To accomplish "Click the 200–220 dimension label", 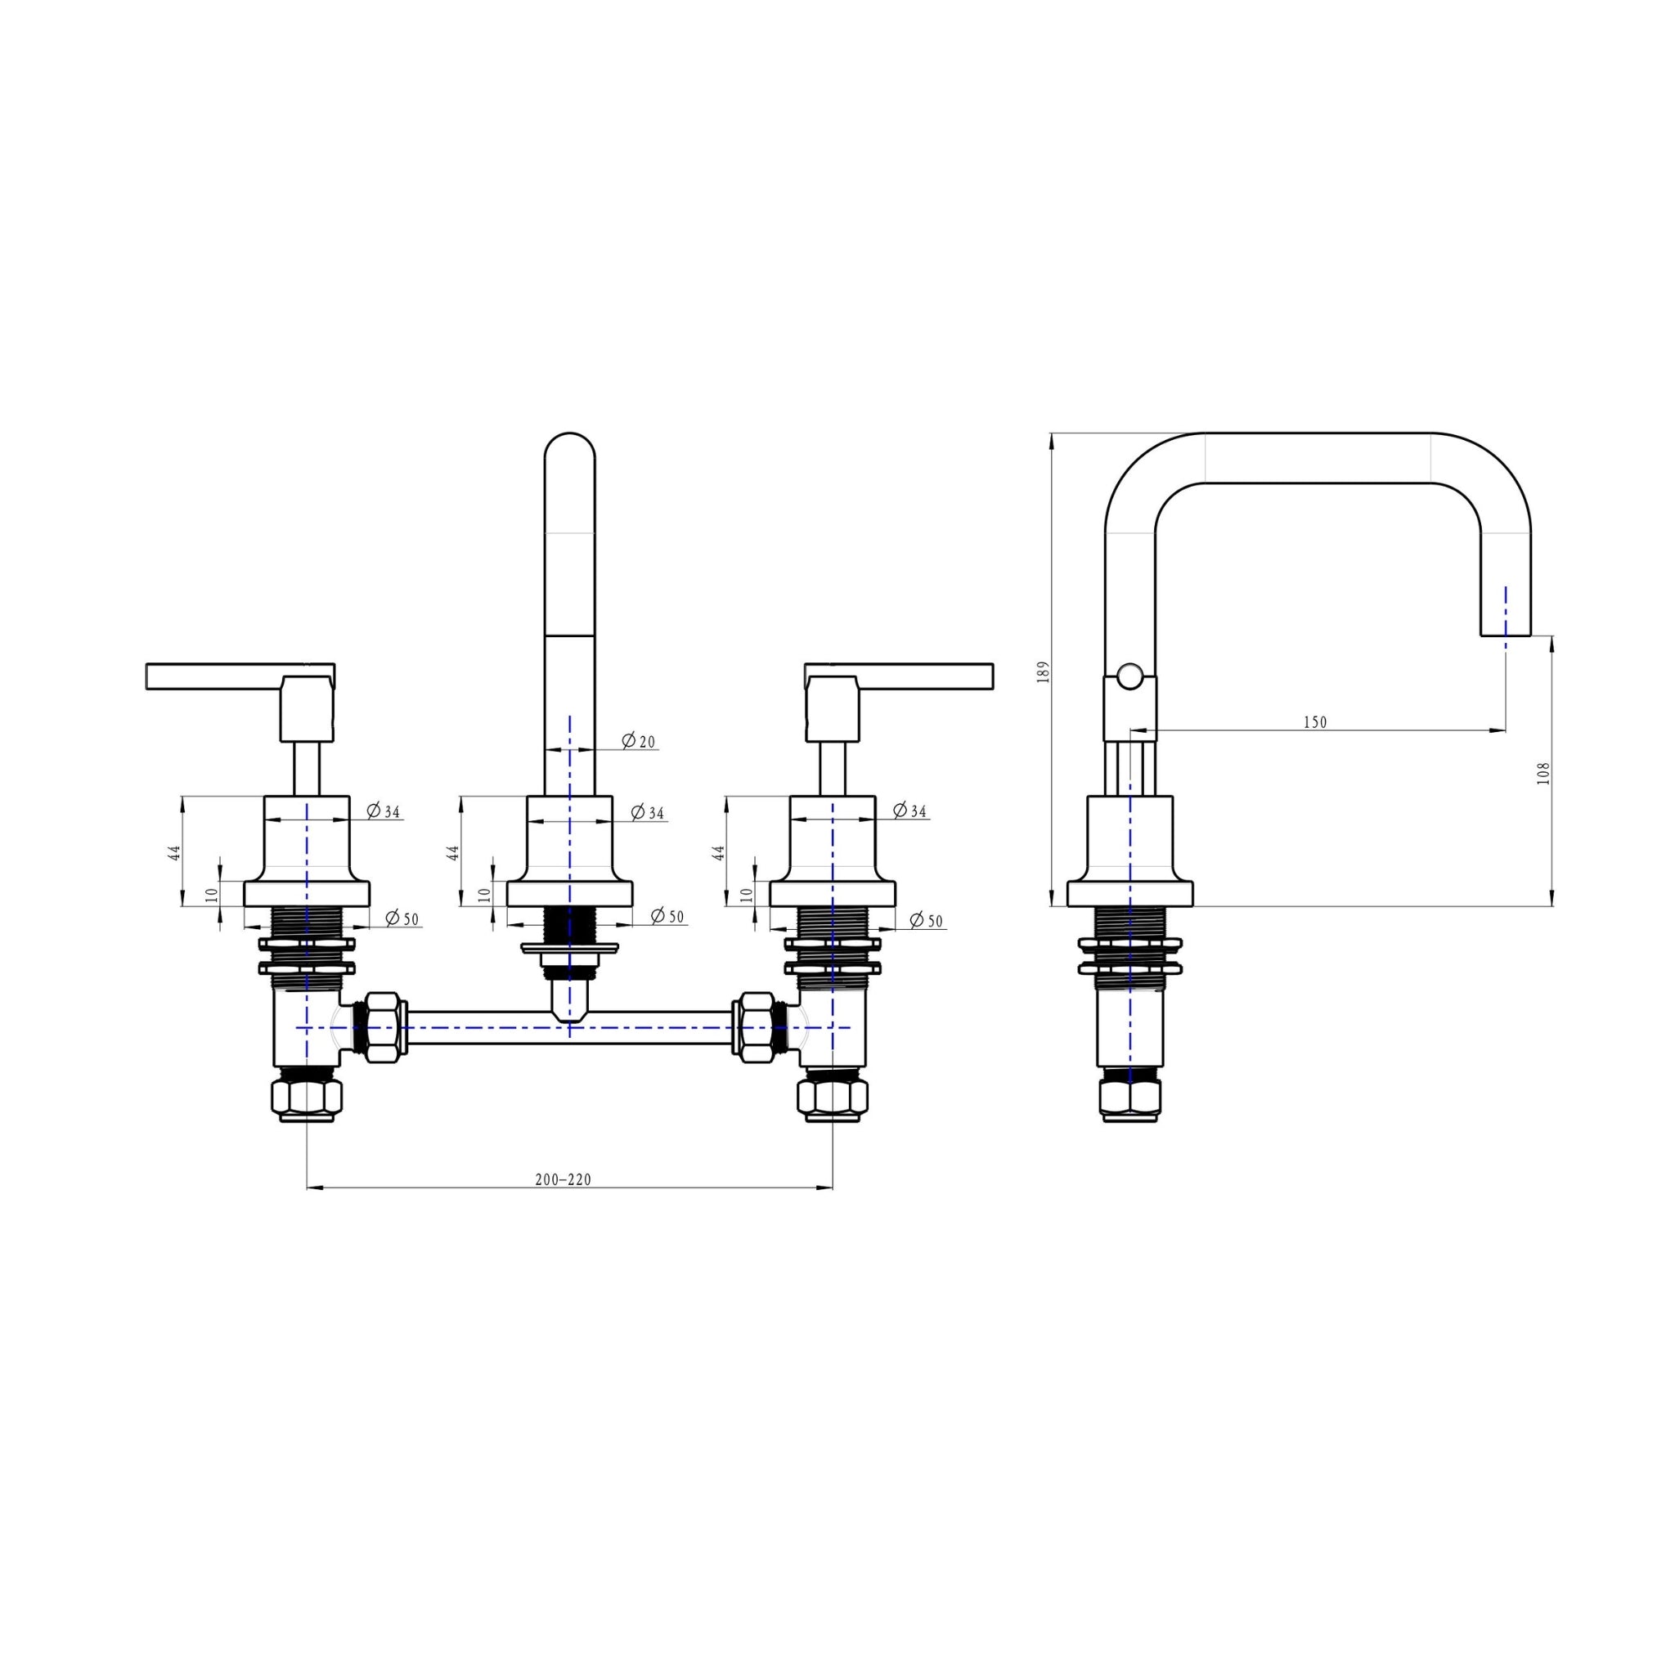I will (x=563, y=1180).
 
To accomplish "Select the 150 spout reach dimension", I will (x=1315, y=722).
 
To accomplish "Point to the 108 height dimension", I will (x=1543, y=774).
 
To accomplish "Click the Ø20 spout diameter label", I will (x=639, y=741).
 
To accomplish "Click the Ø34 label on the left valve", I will (x=384, y=811).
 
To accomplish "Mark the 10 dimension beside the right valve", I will (x=746, y=894).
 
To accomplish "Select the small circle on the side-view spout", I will (x=1129, y=676).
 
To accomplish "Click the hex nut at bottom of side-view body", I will (x=1129, y=1098).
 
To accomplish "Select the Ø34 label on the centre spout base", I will (x=648, y=812).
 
